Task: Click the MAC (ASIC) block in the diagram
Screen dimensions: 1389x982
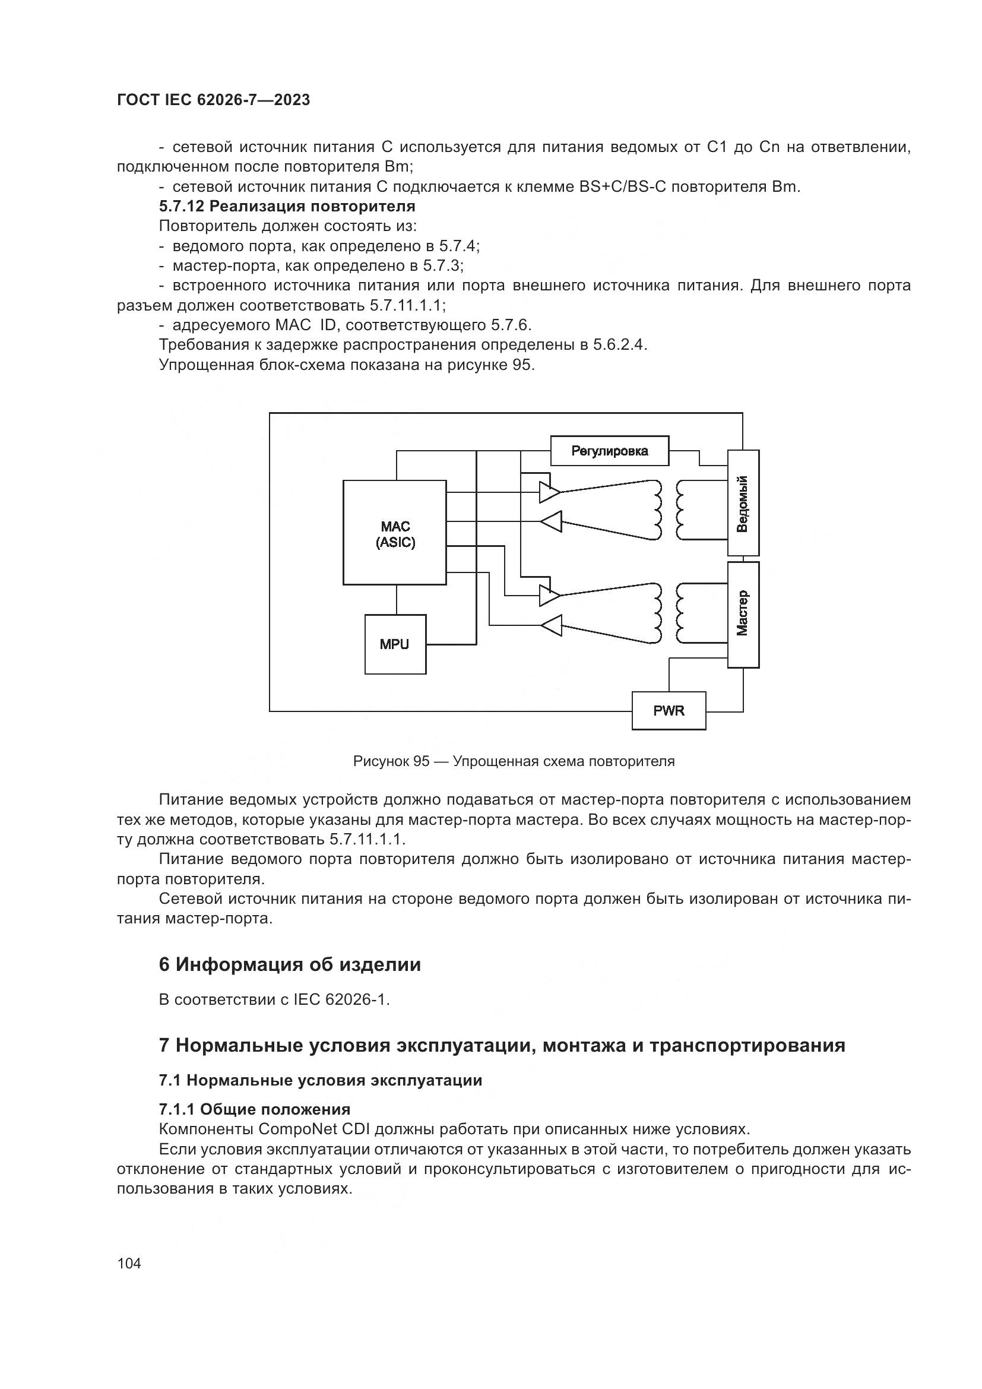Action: click(395, 532)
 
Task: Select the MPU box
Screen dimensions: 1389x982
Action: click(395, 644)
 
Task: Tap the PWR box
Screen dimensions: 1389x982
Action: click(668, 711)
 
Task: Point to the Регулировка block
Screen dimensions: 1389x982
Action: click(610, 451)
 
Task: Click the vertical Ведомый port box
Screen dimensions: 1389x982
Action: click(743, 503)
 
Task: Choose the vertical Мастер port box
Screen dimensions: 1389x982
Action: click(743, 614)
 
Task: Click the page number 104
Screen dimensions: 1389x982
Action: click(129, 1263)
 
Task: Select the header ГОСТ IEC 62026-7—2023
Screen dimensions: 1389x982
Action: click(214, 100)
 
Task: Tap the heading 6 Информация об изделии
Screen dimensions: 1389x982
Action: click(290, 964)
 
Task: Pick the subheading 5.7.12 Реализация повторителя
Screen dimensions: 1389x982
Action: click(287, 206)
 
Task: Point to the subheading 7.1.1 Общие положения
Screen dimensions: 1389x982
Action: click(255, 1109)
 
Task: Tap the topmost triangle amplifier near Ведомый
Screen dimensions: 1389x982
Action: click(550, 492)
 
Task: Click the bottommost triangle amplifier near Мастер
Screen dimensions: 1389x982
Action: click(552, 625)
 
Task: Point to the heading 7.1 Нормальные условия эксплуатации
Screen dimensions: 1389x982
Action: click(321, 1080)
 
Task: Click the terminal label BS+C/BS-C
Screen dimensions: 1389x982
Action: click(622, 186)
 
